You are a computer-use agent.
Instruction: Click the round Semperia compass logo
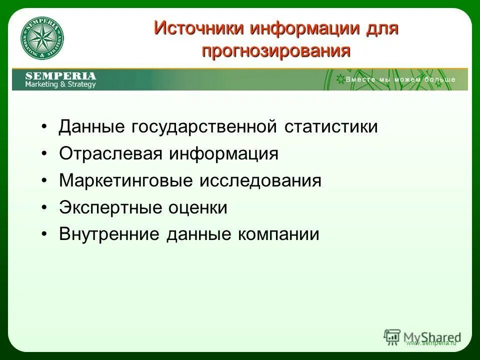42,39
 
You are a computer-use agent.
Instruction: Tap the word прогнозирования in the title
276,50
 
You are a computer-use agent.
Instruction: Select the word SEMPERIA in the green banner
60,76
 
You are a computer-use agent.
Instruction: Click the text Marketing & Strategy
60,84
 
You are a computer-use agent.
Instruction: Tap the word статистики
331,127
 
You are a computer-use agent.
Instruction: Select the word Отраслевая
110,154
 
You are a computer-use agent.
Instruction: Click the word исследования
260,181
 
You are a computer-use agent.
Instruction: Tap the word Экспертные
106,207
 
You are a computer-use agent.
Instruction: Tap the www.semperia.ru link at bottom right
431,344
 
